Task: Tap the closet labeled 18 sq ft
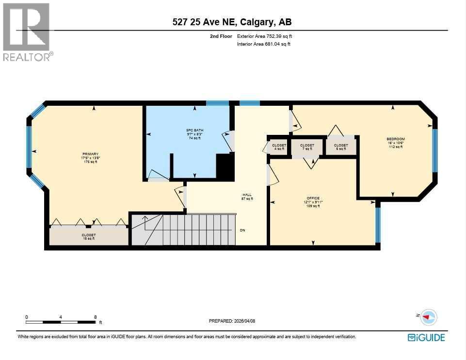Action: [88, 236]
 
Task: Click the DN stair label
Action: [242, 230]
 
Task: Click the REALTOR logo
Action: [27, 32]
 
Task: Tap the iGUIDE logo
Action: [426, 337]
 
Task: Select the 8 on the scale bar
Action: [95, 317]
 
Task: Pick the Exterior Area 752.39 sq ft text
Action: [264, 36]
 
